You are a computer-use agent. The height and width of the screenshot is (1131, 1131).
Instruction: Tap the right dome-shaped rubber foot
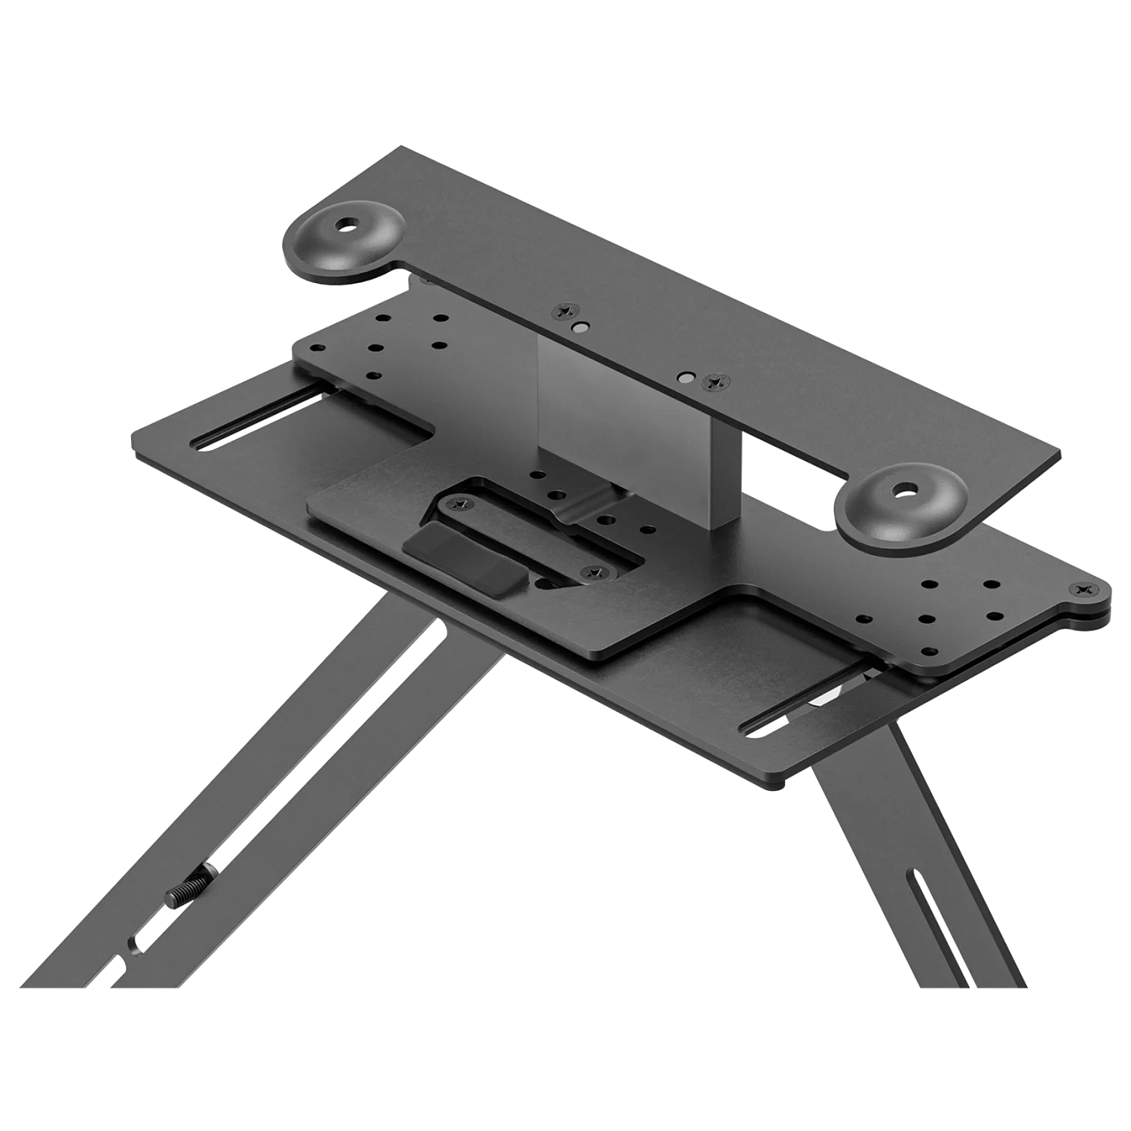point(903,503)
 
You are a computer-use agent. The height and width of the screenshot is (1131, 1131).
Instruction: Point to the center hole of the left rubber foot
point(347,225)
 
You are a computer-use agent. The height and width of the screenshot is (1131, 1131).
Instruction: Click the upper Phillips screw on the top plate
point(562,311)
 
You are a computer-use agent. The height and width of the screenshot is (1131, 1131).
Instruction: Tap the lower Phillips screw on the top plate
point(711,384)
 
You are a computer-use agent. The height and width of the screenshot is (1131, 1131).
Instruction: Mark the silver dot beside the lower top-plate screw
point(685,375)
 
